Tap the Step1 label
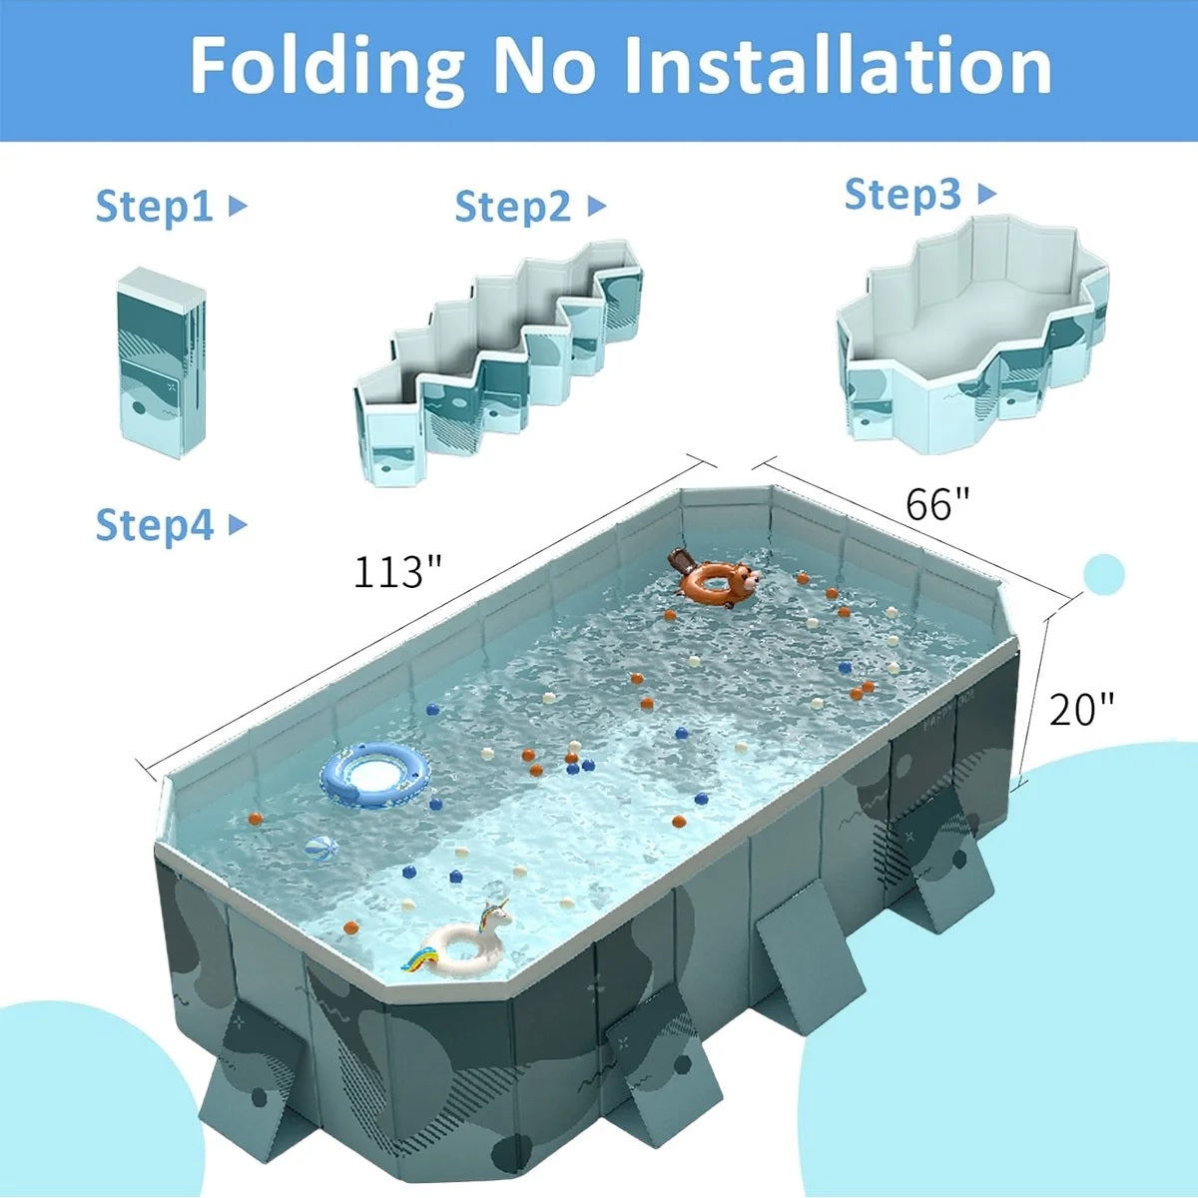coord(154,207)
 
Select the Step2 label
coord(513,206)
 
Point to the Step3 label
coord(902,194)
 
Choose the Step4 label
coord(154,525)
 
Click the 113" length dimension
coord(398,572)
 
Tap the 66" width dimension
coord(936,504)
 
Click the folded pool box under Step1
coord(162,362)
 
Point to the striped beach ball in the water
coord(321,849)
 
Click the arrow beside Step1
coord(238,206)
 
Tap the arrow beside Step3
coord(987,194)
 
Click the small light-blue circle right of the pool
coord(1103,574)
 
